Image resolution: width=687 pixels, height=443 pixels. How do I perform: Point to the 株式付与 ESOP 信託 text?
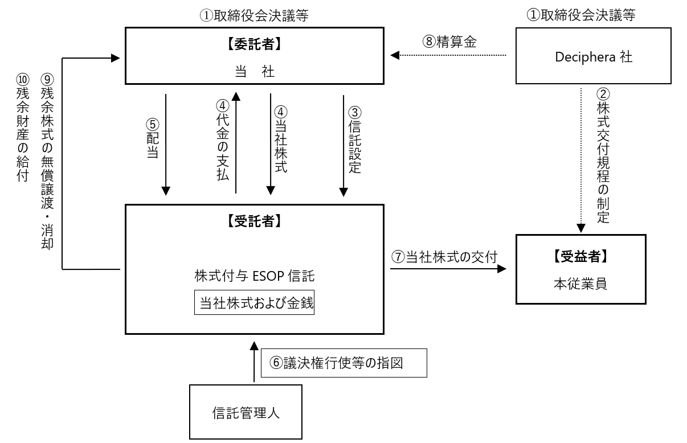(x=254, y=276)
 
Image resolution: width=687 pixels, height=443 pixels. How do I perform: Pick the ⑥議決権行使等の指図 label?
(x=344, y=363)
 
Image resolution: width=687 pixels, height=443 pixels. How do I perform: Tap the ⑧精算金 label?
(x=449, y=41)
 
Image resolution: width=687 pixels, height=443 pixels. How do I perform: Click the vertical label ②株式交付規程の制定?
(x=603, y=154)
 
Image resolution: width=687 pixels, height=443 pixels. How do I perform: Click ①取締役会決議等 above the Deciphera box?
(x=580, y=16)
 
